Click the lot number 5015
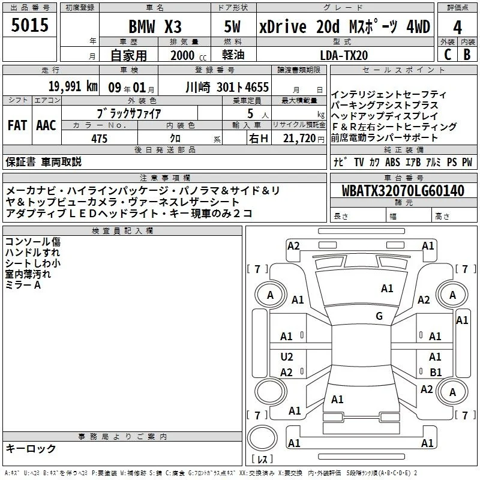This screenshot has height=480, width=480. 29,25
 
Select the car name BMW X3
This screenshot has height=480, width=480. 155,26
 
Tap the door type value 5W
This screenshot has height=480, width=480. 232,26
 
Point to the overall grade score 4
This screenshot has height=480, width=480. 457,28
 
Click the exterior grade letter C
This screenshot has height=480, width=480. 448,55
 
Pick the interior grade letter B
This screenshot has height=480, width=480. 467,55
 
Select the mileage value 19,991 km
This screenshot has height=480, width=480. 73,86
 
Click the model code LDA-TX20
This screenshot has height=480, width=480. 344,55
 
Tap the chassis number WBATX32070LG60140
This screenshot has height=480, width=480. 403,191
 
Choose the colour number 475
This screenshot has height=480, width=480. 99,139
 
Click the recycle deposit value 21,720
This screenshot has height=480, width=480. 299,139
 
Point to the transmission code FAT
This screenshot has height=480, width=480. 17,125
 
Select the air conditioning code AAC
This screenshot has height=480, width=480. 46,125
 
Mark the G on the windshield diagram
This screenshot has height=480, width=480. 379,316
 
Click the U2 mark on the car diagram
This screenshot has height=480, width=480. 287,357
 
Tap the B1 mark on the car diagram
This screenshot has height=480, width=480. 436,372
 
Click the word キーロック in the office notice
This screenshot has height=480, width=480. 31,448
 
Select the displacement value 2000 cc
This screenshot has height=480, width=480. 188,55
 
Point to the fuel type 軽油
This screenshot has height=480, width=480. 233,55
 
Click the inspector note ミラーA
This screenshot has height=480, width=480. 23,285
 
